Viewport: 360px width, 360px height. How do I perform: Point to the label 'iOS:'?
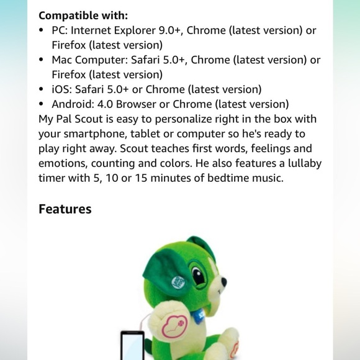pyautogui.click(x=63, y=89)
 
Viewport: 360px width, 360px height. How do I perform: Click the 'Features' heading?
pyautogui.click(x=65, y=209)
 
